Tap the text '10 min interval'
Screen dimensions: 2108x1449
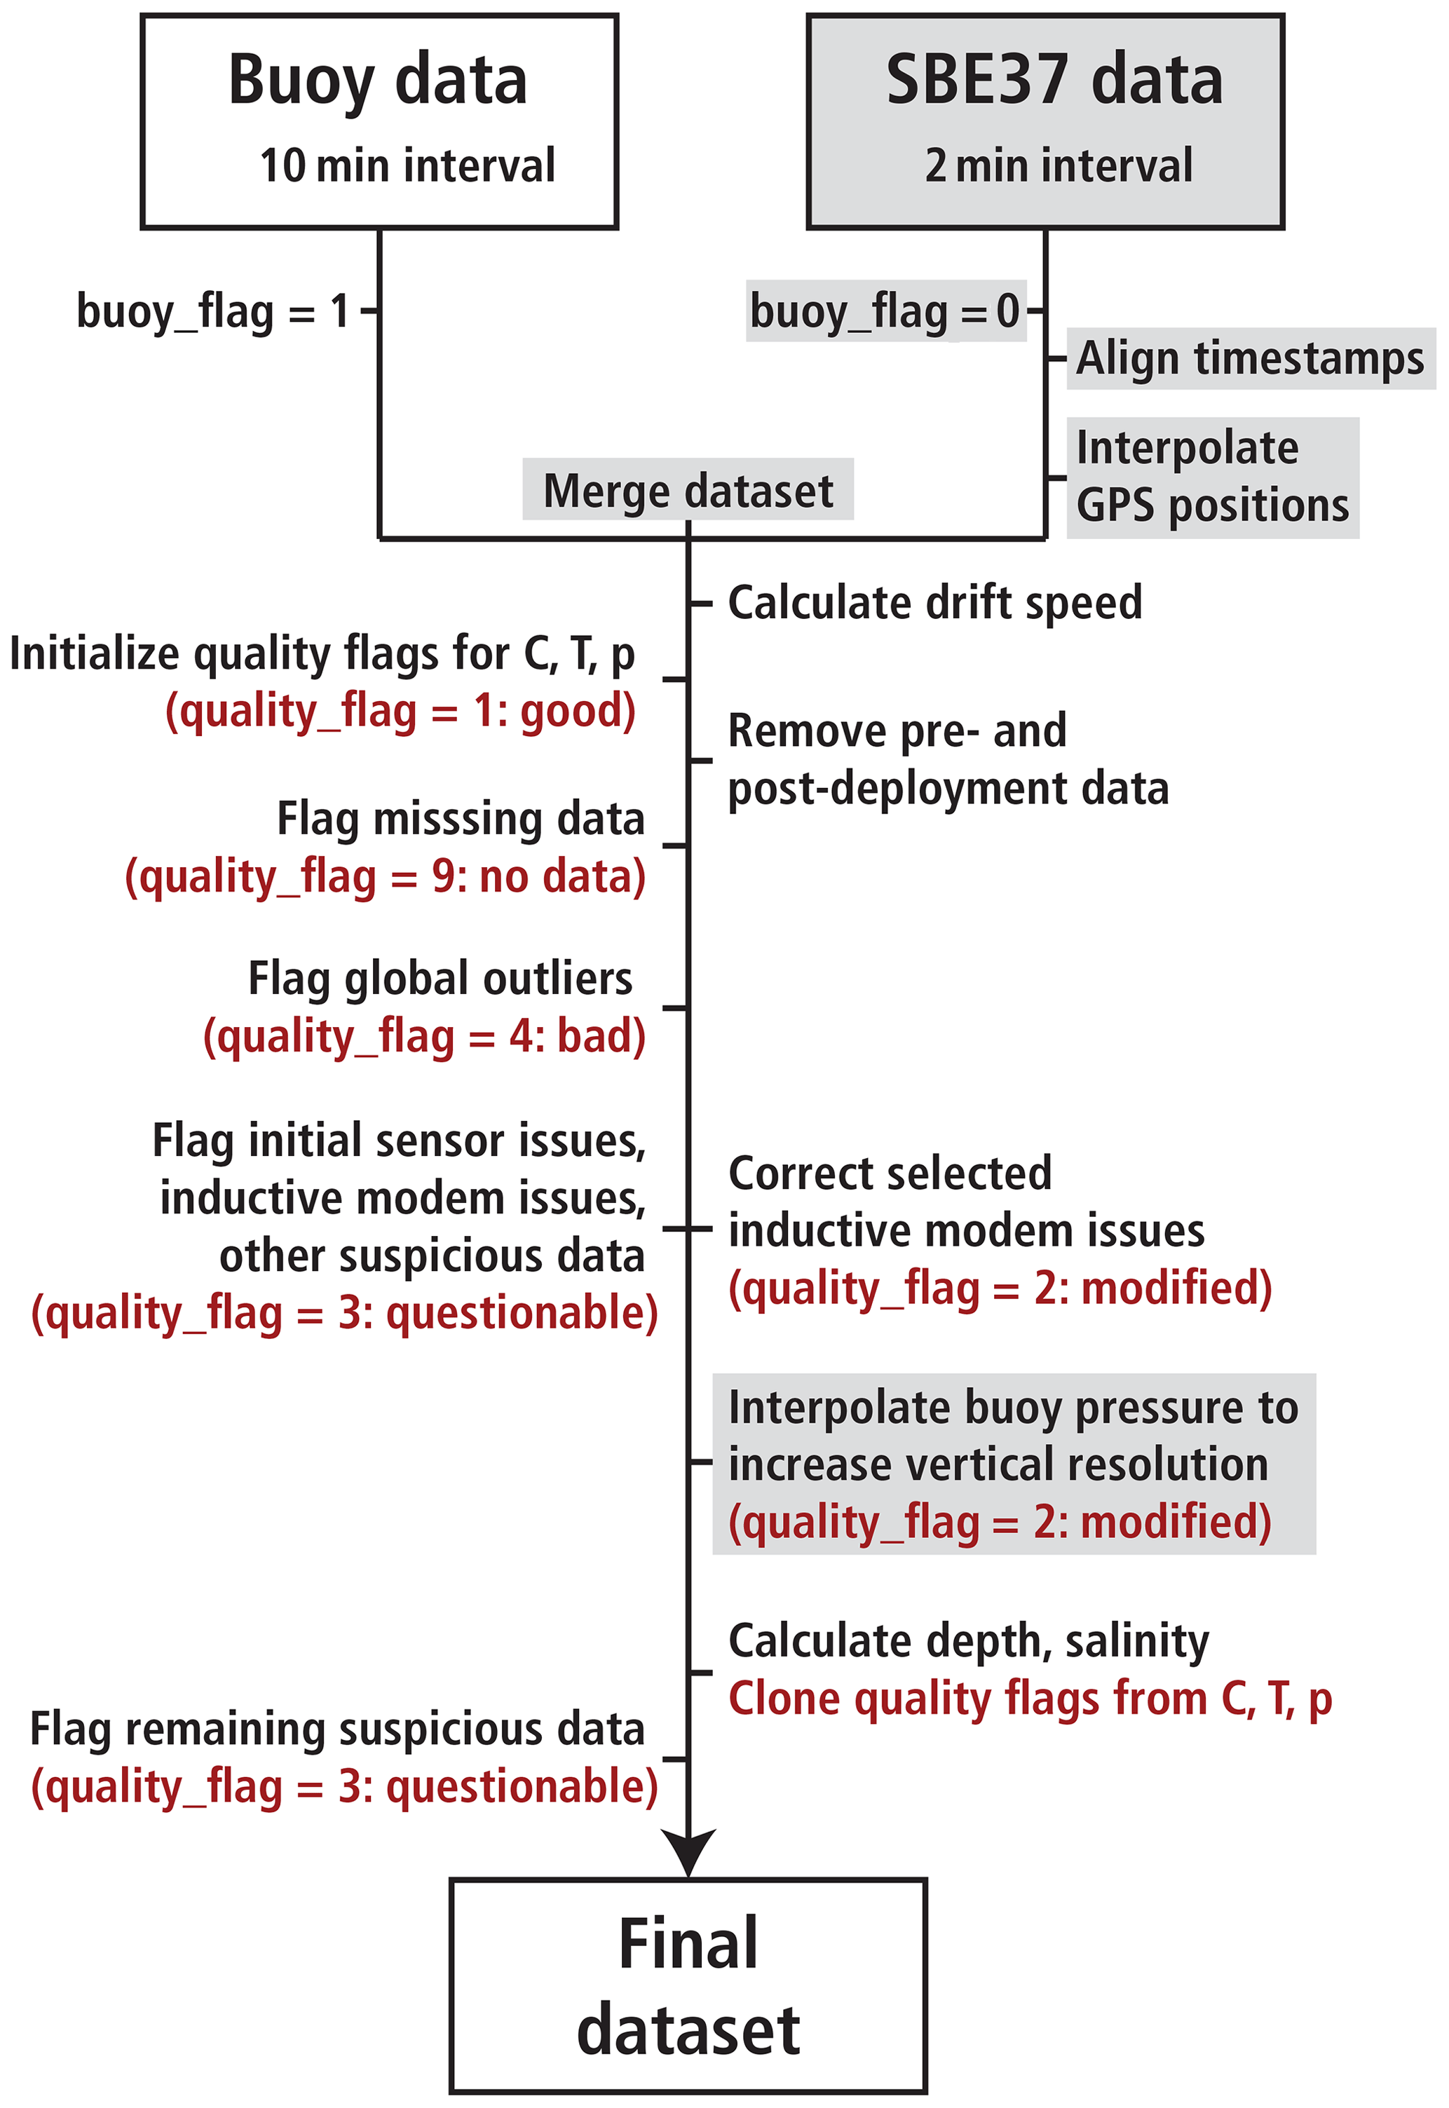click(x=407, y=165)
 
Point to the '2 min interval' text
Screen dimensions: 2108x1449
click(x=1059, y=165)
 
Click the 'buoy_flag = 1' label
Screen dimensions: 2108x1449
click(x=213, y=311)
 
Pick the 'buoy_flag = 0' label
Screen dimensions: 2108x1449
click(x=885, y=311)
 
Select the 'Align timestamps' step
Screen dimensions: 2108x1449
click(x=1249, y=358)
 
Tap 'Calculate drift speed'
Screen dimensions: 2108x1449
click(x=935, y=602)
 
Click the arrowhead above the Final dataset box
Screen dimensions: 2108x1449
click(x=688, y=1849)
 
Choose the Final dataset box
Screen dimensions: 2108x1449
click(x=688, y=1985)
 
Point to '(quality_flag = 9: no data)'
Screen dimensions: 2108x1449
click(x=385, y=877)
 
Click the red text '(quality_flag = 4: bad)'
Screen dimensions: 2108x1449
click(x=424, y=1036)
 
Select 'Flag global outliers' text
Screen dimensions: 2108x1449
click(x=440, y=979)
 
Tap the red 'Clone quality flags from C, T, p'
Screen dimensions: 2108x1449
click(x=1030, y=1698)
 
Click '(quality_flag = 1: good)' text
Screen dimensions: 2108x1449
click(x=400, y=710)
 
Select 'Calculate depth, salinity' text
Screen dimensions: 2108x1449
click(x=969, y=1640)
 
